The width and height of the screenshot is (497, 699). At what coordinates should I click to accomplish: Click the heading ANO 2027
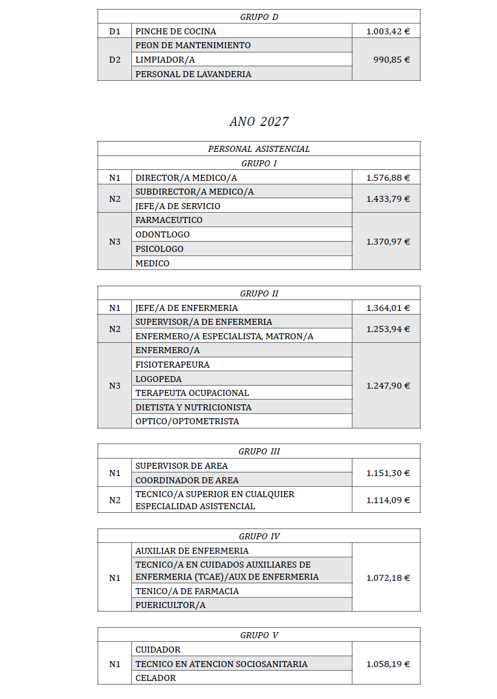click(259, 122)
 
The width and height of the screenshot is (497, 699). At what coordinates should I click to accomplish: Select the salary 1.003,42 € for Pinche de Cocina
click(388, 31)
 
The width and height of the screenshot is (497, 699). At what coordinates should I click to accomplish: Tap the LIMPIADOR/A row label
click(165, 60)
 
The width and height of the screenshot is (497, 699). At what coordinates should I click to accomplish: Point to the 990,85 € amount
click(392, 60)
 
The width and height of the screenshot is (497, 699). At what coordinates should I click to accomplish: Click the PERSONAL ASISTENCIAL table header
click(259, 149)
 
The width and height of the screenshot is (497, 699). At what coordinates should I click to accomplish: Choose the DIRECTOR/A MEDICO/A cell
click(186, 178)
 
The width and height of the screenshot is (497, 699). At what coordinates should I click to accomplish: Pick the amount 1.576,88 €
click(388, 178)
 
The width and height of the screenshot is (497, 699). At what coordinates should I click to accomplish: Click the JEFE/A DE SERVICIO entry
click(178, 206)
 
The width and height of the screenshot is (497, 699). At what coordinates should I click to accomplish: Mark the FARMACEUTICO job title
click(169, 220)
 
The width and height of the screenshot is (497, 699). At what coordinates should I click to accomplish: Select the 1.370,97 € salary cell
click(388, 242)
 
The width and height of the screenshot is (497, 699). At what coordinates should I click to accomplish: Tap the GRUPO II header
click(259, 293)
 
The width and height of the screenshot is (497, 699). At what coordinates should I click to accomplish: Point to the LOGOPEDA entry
click(158, 379)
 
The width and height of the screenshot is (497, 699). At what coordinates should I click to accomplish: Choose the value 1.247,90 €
click(388, 386)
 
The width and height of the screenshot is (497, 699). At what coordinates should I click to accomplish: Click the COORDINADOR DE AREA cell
click(187, 480)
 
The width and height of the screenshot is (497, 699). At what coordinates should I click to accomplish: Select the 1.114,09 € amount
click(388, 500)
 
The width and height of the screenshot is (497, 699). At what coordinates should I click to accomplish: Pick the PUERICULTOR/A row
click(170, 605)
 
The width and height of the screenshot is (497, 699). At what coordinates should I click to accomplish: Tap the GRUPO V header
click(259, 635)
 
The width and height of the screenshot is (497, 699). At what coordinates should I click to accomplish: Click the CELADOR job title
click(155, 678)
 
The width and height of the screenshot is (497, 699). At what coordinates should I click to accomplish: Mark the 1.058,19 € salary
click(388, 664)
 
